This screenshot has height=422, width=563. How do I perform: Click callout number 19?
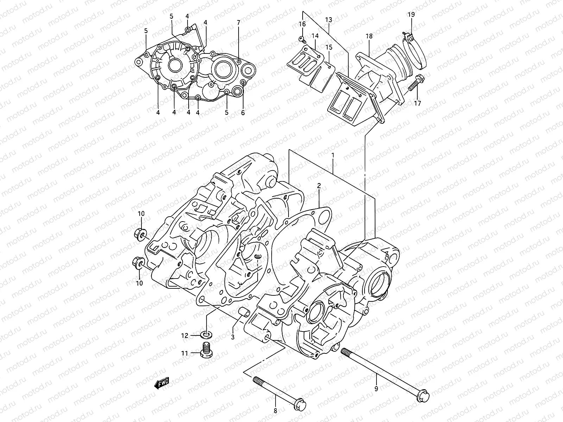pyautogui.click(x=411, y=14)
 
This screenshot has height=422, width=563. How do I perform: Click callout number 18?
pyautogui.click(x=368, y=37)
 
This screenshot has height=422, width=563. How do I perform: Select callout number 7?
pyautogui.click(x=238, y=23)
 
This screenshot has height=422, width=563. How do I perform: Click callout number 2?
pyautogui.click(x=319, y=185)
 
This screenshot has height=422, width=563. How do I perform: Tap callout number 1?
pyautogui.click(x=333, y=155)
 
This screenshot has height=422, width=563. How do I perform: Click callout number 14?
pyautogui.click(x=315, y=36)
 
